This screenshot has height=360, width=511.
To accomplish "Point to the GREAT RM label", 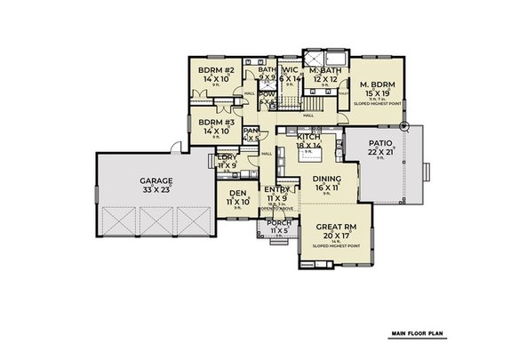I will point(334,227).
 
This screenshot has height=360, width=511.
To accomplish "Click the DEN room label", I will point(236,194).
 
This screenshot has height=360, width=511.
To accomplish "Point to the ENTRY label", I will point(275,189).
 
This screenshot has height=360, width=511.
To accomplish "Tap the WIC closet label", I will point(290,70).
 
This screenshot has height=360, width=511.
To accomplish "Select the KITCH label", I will point(308,136).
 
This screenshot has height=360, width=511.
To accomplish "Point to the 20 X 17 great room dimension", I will point(334,236).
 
